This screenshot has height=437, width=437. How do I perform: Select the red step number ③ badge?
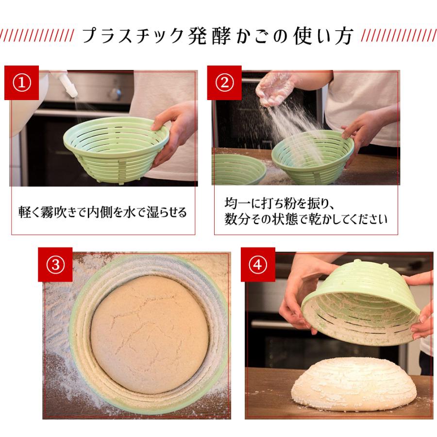coord(55,265)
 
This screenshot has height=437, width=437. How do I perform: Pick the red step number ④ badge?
coord(258,265)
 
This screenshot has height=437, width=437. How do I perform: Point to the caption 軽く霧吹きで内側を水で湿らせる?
coord(103,213)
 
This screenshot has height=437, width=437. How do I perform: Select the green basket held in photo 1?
coord(115,148)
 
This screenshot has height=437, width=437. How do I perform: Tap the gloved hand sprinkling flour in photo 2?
coord(275,87)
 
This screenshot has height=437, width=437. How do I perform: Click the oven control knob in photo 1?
coord(115,93)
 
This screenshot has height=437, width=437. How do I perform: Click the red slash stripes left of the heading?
coord(36,36)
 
